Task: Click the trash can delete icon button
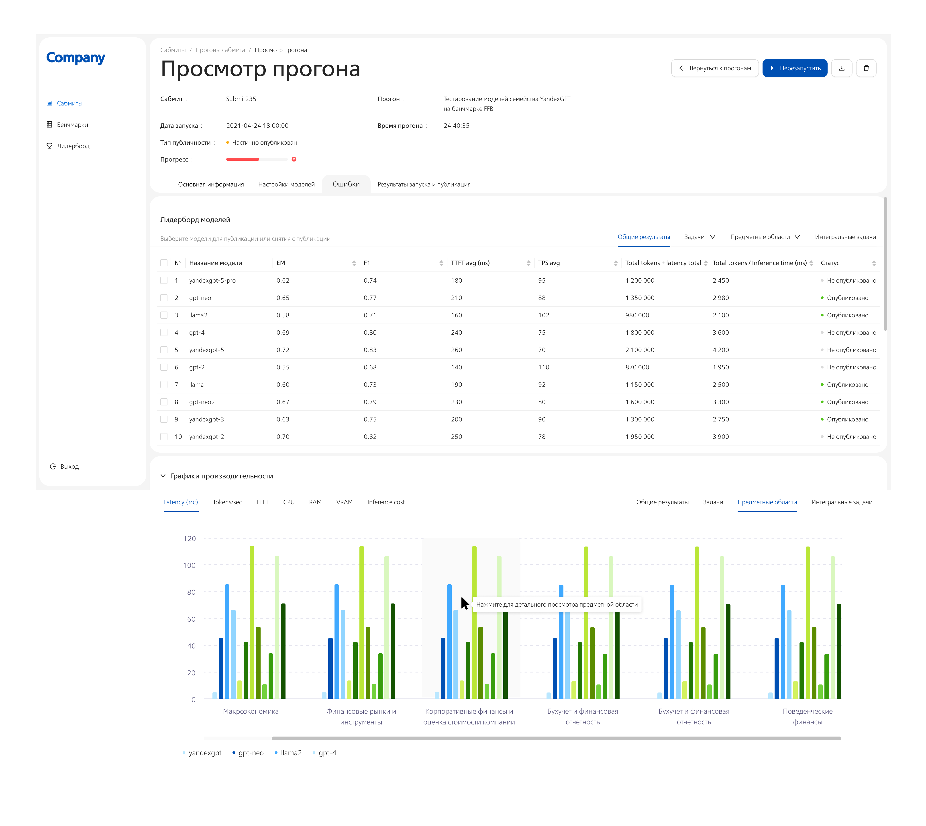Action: [x=866, y=68]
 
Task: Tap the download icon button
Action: [x=842, y=68]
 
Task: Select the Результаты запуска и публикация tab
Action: [x=424, y=184]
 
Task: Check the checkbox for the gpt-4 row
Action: [x=164, y=333]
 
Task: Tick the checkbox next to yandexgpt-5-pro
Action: [x=164, y=280]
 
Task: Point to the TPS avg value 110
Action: [x=544, y=367]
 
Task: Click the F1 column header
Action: [x=367, y=263]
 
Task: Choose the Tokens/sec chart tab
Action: [x=227, y=502]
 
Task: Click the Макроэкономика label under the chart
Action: [x=251, y=711]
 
